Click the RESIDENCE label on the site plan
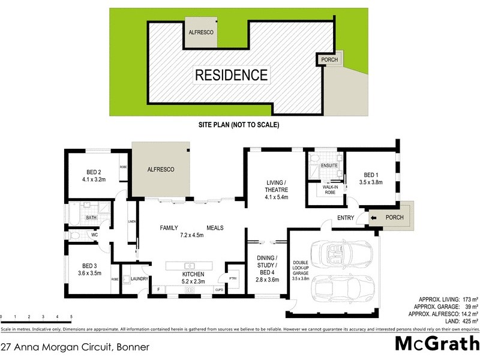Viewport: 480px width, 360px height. (231, 75)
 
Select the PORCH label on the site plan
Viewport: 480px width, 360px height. (329, 59)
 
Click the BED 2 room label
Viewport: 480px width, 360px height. (94, 174)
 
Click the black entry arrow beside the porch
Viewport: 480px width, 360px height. (373, 217)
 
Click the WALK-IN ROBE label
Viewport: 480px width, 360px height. (329, 190)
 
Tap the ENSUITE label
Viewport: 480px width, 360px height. (329, 164)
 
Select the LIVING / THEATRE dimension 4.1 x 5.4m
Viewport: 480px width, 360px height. (277, 196)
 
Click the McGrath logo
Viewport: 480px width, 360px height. (436, 344)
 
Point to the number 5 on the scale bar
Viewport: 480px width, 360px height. (71, 316)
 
